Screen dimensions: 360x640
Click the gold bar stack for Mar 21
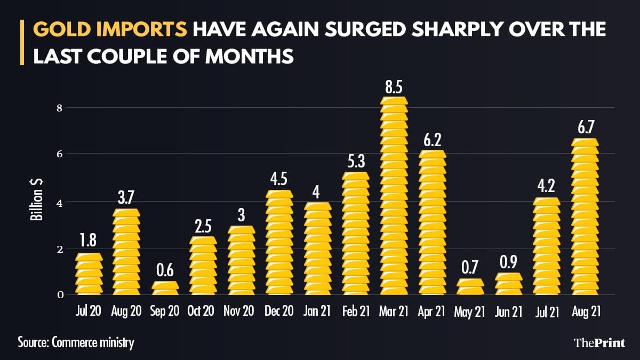(x=394, y=196)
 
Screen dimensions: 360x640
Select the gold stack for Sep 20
(x=164, y=288)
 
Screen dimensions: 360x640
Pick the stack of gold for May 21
(x=470, y=287)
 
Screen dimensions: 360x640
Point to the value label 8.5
(x=394, y=87)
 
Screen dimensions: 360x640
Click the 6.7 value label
(x=585, y=129)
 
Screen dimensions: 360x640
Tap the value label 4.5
(x=279, y=180)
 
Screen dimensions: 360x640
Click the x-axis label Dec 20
(x=279, y=312)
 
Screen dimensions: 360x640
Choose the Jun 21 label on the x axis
(x=508, y=312)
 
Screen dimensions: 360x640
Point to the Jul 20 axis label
(x=88, y=312)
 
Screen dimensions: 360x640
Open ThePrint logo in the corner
(x=598, y=342)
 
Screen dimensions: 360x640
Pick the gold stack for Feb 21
(x=355, y=233)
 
